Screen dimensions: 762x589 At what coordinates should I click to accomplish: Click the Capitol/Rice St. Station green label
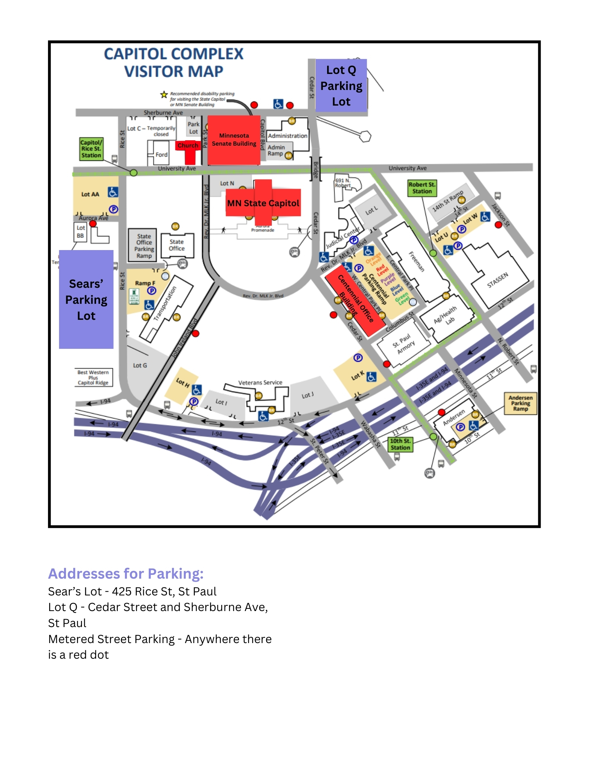pyautogui.click(x=91, y=149)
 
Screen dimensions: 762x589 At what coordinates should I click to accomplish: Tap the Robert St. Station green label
pyautogui.click(x=422, y=188)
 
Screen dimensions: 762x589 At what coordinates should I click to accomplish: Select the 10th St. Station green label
pyautogui.click(x=400, y=444)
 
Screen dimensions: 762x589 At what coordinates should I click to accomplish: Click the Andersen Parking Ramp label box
pyautogui.click(x=520, y=403)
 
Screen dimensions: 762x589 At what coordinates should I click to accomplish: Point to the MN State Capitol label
pyautogui.click(x=263, y=203)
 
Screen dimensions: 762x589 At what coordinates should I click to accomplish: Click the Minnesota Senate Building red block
pyautogui.click(x=234, y=140)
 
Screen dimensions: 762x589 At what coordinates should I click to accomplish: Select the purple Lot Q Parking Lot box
pyautogui.click(x=341, y=86)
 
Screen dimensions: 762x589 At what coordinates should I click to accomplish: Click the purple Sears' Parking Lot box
pyautogui.click(x=86, y=300)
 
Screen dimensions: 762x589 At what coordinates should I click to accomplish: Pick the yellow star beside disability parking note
pyautogui.click(x=164, y=94)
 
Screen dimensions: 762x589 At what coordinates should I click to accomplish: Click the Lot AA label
pyautogui.click(x=90, y=194)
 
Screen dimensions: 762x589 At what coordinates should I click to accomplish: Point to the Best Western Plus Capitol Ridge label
pyautogui.click(x=93, y=377)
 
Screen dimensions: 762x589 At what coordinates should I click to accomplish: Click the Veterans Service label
pyautogui.click(x=260, y=382)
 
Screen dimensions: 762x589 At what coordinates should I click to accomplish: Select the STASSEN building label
pyautogui.click(x=498, y=280)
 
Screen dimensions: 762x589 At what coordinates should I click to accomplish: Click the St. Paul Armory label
pyautogui.click(x=404, y=343)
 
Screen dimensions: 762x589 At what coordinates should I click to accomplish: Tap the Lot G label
pyautogui.click(x=140, y=366)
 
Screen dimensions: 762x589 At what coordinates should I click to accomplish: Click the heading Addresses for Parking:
pyautogui.click(x=126, y=574)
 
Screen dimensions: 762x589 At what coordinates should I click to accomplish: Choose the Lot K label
pyautogui.click(x=357, y=376)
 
